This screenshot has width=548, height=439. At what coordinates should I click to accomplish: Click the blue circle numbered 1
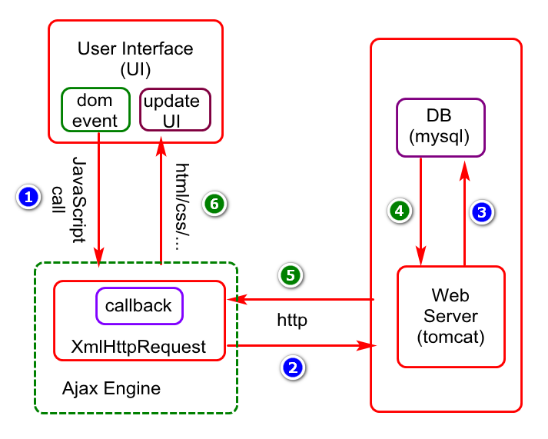(28, 197)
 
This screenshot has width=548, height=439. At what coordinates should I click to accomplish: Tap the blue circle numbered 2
(293, 367)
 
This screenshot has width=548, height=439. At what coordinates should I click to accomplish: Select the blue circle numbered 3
(482, 212)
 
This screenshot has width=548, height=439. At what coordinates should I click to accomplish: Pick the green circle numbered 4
(400, 211)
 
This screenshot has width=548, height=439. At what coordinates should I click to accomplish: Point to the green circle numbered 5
(291, 275)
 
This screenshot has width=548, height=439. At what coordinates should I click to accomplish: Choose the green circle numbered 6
(214, 204)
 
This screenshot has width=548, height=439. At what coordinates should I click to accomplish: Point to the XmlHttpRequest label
(138, 347)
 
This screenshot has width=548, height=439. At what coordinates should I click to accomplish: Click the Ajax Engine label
(111, 389)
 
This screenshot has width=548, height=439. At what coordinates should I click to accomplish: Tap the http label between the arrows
(292, 320)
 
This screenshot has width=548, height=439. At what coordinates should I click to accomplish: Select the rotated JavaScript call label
(69, 200)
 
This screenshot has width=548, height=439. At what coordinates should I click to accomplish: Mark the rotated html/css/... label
(182, 207)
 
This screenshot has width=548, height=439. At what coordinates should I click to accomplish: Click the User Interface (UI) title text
(135, 58)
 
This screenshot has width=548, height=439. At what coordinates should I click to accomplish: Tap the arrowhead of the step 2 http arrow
(366, 346)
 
